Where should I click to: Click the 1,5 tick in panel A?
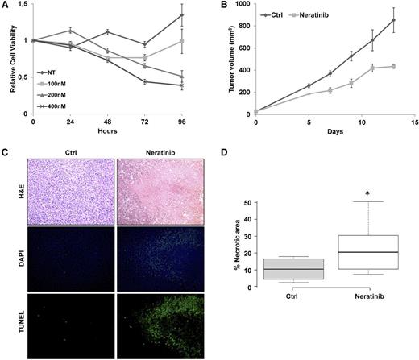coord(23,6)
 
